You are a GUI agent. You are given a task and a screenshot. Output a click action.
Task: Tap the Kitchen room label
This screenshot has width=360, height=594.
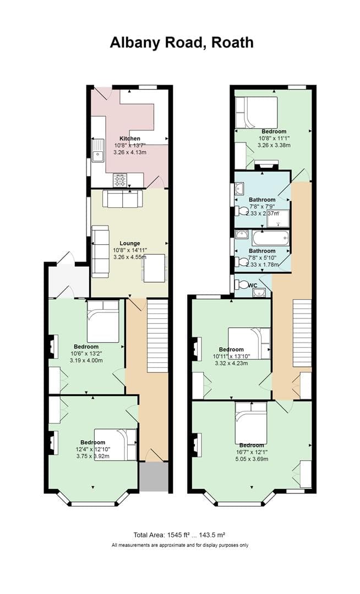[130, 139]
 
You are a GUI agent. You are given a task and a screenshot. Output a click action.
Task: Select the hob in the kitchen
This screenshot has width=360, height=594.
[120, 179]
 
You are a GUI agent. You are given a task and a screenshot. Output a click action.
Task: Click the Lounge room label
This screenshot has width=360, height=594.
[130, 243]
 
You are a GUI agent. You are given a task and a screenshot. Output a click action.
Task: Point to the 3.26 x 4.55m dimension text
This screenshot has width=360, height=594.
[130, 257]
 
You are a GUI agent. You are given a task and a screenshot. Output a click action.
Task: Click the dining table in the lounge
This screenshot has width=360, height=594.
[154, 268]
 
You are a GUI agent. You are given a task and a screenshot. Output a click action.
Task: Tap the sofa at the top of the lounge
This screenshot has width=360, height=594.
[122, 199]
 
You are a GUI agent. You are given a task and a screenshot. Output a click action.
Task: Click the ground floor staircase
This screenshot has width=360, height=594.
[157, 335]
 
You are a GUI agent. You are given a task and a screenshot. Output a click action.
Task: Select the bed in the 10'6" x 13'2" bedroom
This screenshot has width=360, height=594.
[103, 321]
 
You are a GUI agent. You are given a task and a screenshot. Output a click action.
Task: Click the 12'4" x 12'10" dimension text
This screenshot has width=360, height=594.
[92, 449]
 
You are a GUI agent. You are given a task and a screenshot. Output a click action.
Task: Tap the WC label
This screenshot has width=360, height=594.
[252, 285]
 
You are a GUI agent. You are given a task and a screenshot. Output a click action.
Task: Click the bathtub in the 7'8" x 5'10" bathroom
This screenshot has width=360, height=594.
[270, 238]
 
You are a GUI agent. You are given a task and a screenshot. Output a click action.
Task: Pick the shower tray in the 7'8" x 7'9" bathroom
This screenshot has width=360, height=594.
[278, 218]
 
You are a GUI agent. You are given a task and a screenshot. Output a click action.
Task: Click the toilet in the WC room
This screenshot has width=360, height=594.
[242, 285]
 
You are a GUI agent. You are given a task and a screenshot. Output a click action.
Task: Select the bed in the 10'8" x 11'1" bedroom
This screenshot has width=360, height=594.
[256, 112]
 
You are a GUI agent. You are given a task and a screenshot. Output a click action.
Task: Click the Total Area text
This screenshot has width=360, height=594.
[179, 535]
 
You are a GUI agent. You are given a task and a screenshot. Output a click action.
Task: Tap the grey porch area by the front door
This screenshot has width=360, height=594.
[154, 476]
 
